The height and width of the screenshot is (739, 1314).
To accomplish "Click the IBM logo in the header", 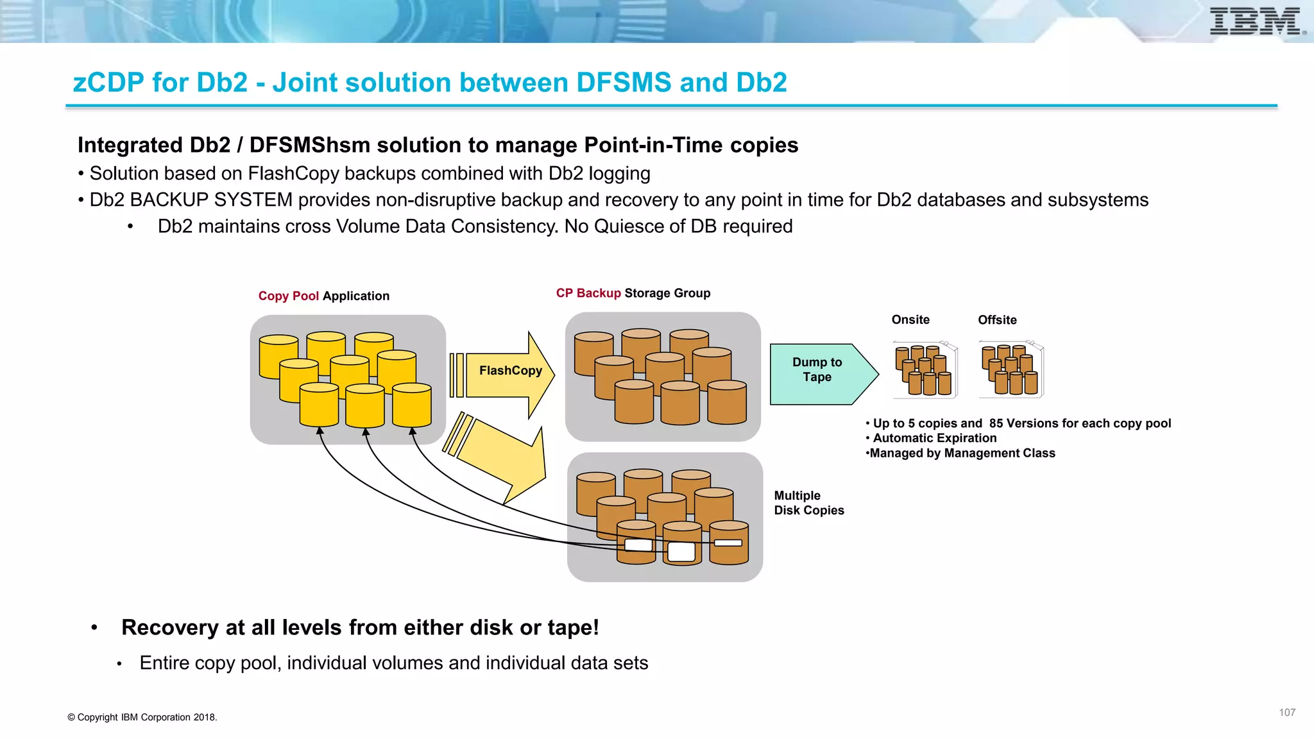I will [1256, 21].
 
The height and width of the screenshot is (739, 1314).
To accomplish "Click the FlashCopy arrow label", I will [510, 371].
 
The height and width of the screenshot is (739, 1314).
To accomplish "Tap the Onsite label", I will [910, 319].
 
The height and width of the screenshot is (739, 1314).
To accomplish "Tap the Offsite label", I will [996, 319].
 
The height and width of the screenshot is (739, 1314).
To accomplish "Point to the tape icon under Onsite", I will [925, 370].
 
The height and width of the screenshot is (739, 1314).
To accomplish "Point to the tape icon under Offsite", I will [1011, 370].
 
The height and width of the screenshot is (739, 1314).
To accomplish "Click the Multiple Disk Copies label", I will [808, 503].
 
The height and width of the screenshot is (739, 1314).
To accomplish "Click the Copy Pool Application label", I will [323, 296].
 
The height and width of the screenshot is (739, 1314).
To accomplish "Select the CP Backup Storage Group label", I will [633, 293].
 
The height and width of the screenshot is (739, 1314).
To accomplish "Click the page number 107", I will [1286, 713].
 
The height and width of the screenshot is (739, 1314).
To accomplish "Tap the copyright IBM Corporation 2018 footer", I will [142, 717].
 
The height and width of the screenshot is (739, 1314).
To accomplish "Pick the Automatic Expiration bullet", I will [934, 438].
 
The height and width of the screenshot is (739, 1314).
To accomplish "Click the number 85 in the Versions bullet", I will [996, 423].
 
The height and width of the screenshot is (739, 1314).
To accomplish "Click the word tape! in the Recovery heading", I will [573, 627].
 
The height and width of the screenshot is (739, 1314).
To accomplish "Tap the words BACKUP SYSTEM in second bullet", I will [211, 200].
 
